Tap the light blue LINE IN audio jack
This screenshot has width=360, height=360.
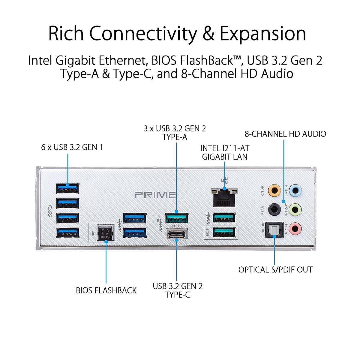[x=296, y=190]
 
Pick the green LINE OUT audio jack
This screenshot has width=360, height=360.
[x=296, y=209]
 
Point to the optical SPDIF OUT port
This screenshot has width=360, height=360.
[x=274, y=230]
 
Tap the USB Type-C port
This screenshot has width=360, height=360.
[x=177, y=234]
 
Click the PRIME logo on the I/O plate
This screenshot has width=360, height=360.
[x=155, y=195]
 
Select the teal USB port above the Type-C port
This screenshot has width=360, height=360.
[x=177, y=217]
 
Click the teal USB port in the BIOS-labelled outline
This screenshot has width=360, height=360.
[x=224, y=232]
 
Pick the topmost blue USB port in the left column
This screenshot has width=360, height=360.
[x=68, y=188]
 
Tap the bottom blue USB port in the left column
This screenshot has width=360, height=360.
[x=68, y=232]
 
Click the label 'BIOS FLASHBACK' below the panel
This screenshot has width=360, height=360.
[x=106, y=290]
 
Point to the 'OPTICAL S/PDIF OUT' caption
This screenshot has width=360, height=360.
[x=275, y=270]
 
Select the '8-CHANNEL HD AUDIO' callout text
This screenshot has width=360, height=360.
[x=285, y=134]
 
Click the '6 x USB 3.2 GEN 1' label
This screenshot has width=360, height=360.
[x=72, y=147]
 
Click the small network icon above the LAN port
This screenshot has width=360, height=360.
[x=225, y=180]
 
